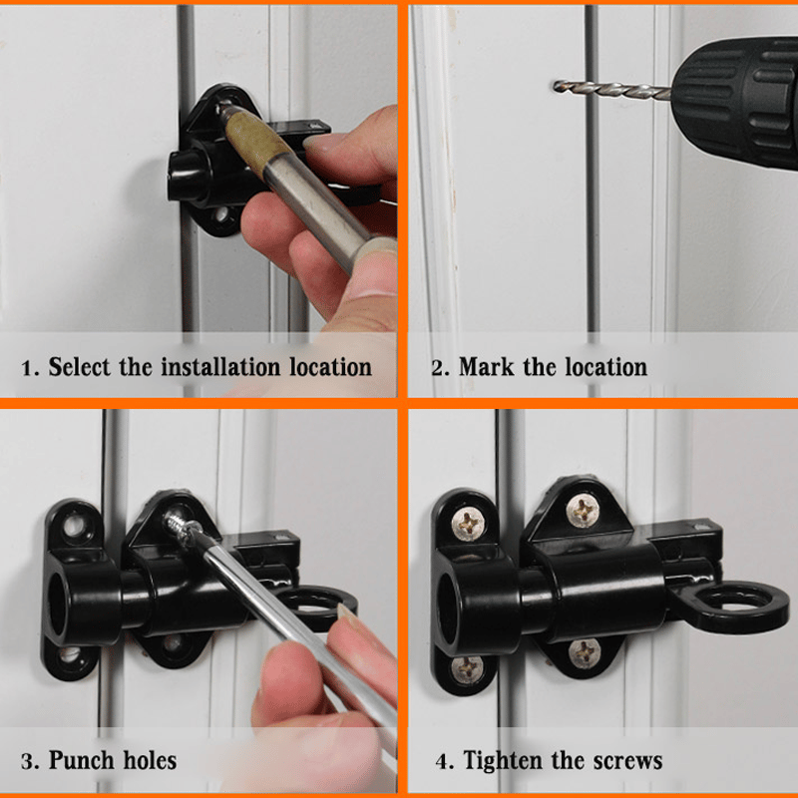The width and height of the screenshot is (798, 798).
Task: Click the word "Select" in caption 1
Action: pyautogui.click(x=81, y=366)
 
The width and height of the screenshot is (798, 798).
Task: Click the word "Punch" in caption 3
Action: pyautogui.click(x=85, y=761)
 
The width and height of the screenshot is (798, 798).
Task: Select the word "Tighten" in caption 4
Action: pyautogui.click(x=506, y=761)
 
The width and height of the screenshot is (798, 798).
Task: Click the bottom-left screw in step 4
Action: pyautogui.click(x=465, y=666)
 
